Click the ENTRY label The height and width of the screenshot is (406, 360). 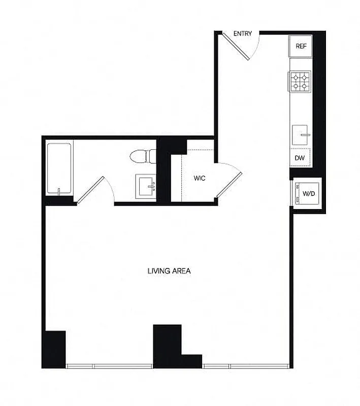tap(243, 33)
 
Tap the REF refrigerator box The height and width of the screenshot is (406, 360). tap(301, 46)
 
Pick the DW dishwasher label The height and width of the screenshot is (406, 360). tap(300, 158)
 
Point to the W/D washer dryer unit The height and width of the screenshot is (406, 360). tap(307, 193)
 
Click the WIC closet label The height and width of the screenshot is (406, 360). tap(199, 179)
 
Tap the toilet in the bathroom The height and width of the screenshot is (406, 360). tap(142, 156)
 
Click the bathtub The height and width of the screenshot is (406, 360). tap(59, 168)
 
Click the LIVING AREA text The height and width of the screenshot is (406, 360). tap(169, 271)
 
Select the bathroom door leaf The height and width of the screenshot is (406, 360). tap(90, 190)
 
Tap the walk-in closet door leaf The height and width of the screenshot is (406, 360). tap(228, 185)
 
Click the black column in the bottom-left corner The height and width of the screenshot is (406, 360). tap(55, 349)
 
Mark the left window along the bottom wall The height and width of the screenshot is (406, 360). tap(109, 365)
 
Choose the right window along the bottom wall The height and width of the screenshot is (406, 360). tap(246, 365)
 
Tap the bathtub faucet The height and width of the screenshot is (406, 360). tap(59, 191)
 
